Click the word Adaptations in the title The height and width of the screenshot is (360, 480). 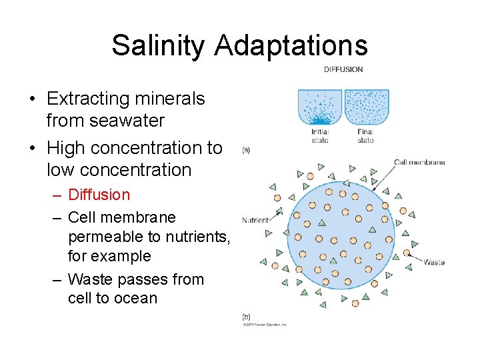tap(291, 45)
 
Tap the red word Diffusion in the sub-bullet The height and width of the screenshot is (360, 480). tap(99, 195)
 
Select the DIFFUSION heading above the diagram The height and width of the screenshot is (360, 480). tap(343, 69)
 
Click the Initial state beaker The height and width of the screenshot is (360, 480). tap(319, 107)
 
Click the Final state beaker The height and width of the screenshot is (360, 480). tap(366, 107)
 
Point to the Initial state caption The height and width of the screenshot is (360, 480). tap(320, 136)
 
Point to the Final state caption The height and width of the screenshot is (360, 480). tap(365, 136)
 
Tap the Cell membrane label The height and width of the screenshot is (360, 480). tap(419, 162)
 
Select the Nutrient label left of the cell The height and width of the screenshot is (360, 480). tap(255, 219)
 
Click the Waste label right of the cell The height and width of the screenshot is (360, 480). tap(433, 262)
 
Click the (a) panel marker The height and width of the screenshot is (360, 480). tap(246, 151)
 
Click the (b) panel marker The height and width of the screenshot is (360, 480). tap(246, 317)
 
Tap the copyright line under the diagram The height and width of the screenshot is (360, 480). tap(264, 325)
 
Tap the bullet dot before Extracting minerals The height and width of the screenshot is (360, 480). tap(32, 99)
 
